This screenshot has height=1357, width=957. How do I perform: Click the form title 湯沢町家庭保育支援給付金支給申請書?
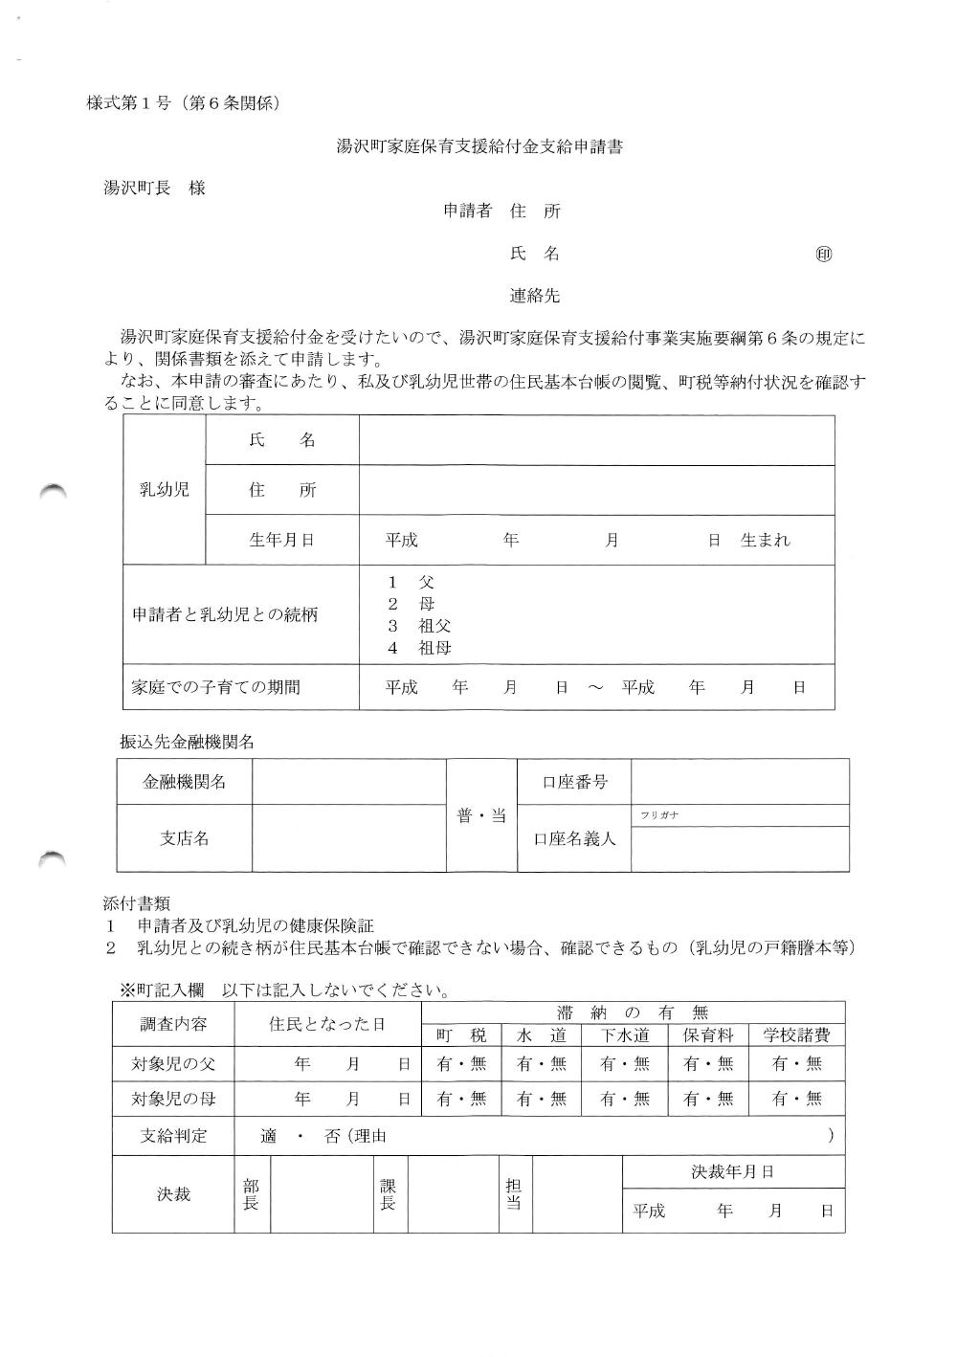click(479, 147)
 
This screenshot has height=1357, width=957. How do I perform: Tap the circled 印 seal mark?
click(824, 255)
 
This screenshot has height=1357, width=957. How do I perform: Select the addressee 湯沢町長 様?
click(154, 189)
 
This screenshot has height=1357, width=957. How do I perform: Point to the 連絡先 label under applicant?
click(534, 297)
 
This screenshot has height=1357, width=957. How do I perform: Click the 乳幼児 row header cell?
click(165, 490)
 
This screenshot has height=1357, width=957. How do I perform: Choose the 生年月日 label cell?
click(281, 540)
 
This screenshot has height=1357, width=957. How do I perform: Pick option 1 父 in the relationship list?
click(412, 582)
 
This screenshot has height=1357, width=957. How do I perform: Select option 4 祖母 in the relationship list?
click(419, 648)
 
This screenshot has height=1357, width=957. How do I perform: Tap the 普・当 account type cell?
click(481, 816)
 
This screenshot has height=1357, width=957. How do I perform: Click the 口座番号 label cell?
click(574, 782)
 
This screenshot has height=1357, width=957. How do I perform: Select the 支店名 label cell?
click(184, 838)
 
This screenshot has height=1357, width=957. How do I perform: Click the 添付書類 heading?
click(137, 902)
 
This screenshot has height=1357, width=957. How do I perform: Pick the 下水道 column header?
click(626, 1035)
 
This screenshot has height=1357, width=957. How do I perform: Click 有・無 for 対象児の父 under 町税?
click(462, 1063)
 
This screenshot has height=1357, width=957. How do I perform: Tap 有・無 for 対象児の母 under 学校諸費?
click(797, 1099)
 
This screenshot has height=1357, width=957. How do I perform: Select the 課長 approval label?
click(388, 1194)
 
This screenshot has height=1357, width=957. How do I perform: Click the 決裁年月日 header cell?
click(733, 1171)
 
